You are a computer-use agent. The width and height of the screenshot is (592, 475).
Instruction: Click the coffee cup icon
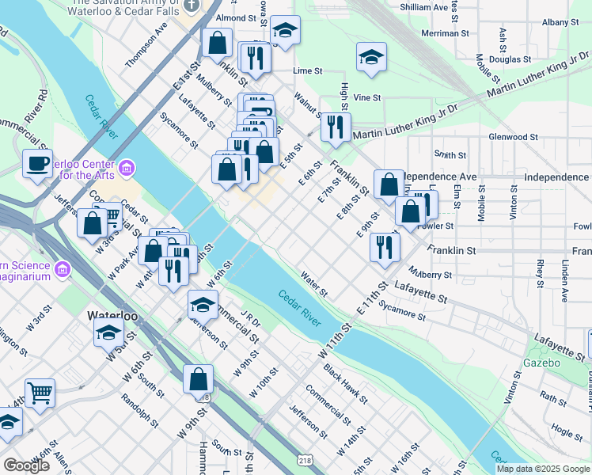[37, 163]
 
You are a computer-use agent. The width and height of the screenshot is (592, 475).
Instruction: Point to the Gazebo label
[541, 363]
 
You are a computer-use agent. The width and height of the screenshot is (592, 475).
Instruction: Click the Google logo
[26, 465]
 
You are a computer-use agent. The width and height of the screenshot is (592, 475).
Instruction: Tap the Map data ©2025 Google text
[542, 469]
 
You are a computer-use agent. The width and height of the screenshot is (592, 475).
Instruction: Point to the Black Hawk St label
[343, 376]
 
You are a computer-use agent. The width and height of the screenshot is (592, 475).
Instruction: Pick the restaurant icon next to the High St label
[336, 127]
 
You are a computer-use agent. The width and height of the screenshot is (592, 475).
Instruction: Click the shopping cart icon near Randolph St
[40, 392]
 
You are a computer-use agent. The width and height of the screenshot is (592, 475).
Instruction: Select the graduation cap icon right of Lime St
[371, 57]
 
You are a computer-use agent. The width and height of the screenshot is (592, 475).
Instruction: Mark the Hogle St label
[567, 431]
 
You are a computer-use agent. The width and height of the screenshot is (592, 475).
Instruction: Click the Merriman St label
[441, 33]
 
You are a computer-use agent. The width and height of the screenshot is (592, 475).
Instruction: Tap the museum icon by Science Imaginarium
[62, 270]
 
